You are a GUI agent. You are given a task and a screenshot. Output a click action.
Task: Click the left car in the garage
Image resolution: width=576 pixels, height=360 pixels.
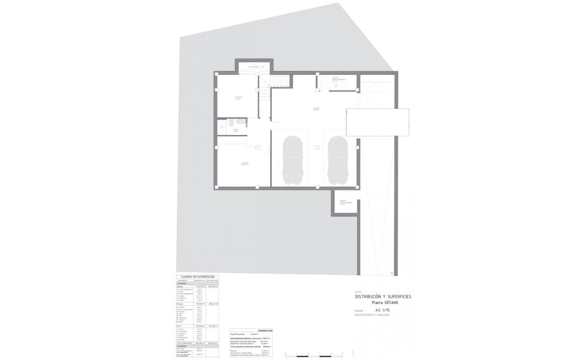pyautogui.click(x=292, y=160)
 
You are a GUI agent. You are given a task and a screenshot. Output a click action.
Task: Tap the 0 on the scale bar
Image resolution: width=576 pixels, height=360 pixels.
pyautogui.click(x=285, y=354)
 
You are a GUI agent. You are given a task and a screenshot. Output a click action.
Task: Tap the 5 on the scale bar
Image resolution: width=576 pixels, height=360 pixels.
pyautogui.click(x=342, y=354)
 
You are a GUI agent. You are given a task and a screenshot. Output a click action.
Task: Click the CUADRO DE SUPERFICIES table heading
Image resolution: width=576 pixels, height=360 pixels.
pyautogui.click(x=197, y=277)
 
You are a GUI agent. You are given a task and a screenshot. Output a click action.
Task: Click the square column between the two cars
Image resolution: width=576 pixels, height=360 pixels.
pyautogui.click(x=317, y=146)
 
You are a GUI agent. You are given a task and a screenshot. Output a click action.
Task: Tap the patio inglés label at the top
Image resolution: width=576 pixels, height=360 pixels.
pyautogui.click(x=253, y=67)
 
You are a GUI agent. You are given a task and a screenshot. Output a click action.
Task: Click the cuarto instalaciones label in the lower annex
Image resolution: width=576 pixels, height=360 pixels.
pyautogui.click(x=346, y=203)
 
